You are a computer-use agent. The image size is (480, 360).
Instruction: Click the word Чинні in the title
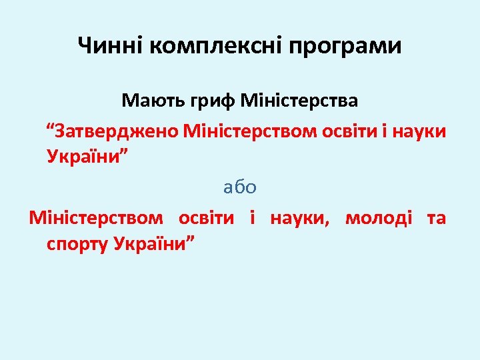coord(111,46)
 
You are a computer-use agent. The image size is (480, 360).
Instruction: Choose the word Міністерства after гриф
coord(299,101)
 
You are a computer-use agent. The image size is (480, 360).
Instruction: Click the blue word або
coord(240,187)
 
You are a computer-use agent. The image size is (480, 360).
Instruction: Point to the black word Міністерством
coord(95,217)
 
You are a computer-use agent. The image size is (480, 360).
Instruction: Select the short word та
coord(436,217)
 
